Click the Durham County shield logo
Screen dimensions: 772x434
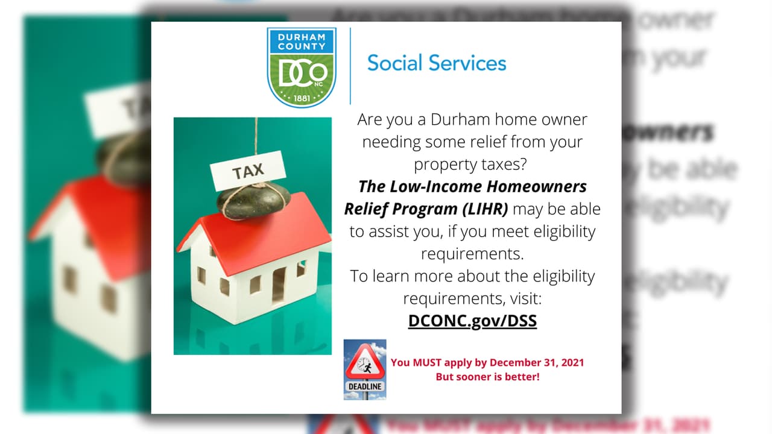pos(302,67)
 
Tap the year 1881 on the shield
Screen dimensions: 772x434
pos(302,98)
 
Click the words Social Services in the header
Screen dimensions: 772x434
pos(437,63)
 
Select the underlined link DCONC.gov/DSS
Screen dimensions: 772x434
pos(472,321)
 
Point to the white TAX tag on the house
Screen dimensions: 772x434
pos(248,171)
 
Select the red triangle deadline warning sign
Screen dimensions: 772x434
pos(365,361)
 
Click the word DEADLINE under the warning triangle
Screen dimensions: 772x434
pos(365,386)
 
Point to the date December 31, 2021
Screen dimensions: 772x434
pos(537,363)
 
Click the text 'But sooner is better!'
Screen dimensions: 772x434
pos(488,377)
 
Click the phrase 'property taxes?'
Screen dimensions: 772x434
pos(470,165)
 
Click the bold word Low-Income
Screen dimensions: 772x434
pos(435,186)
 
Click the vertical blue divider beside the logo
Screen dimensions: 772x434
pos(350,66)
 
